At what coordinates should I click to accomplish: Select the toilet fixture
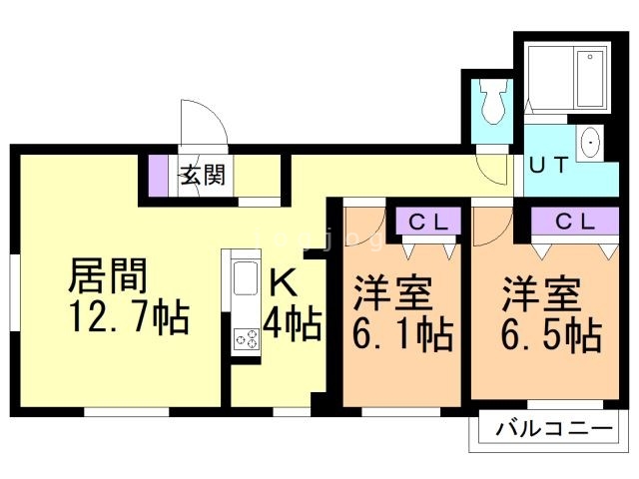pyautogui.click(x=491, y=101)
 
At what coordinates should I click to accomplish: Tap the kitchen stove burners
pyautogui.click(x=246, y=339)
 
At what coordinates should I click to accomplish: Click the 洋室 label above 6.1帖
pyautogui.click(x=393, y=295)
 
